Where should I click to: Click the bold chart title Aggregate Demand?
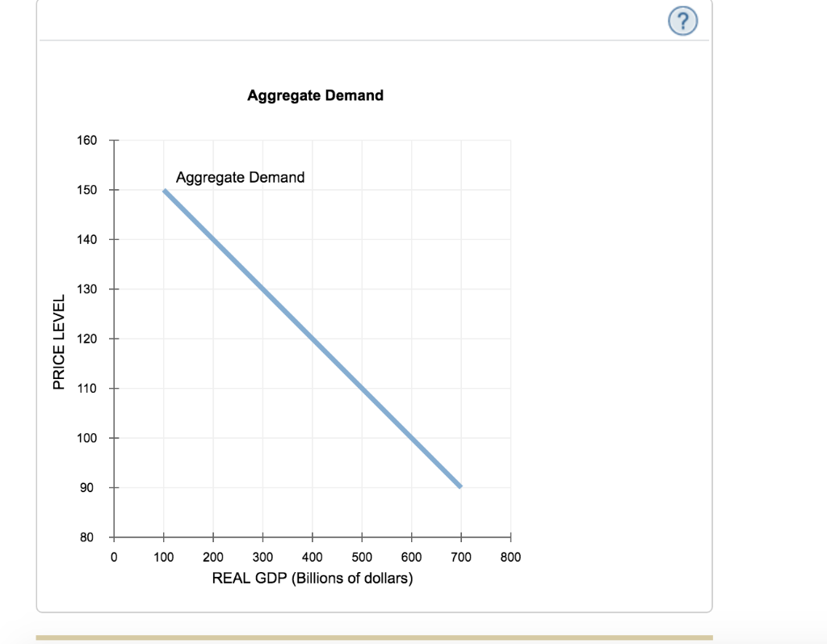pos(315,95)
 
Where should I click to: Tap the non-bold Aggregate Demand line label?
pos(240,177)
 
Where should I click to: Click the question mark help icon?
pos(682,23)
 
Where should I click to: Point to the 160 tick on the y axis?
pos(86,141)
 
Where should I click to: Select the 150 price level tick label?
pos(86,190)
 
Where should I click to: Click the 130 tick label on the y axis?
pos(86,289)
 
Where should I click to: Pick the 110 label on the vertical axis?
pos(86,389)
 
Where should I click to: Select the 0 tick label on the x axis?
pos(114,558)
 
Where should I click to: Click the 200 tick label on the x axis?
pos(213,558)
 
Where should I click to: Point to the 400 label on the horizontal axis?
pos(313,558)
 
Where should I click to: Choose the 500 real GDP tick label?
pos(362,558)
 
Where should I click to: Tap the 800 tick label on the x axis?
pos(510,558)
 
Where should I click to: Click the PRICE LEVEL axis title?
pos(58,340)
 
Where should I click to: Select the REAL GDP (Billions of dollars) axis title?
pos(312,579)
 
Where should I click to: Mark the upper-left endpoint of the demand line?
pos(164,191)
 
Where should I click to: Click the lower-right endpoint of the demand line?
pos(460,487)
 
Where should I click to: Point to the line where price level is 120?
pos(313,339)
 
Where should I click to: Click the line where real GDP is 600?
pos(412,438)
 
